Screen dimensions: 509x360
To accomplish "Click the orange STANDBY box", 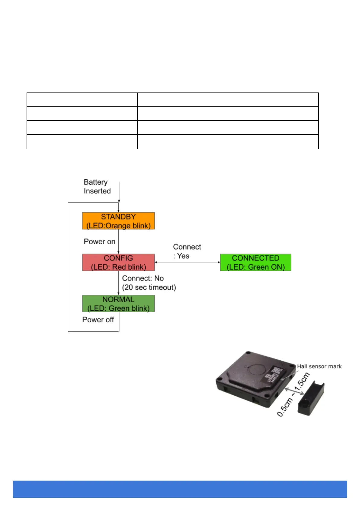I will pyautogui.click(x=118, y=221).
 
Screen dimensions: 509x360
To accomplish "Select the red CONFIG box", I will pyautogui.click(x=118, y=262).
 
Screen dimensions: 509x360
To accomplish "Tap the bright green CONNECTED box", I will pyautogui.click(x=256, y=262).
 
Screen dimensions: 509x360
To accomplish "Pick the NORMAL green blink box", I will pyautogui.click(x=118, y=303).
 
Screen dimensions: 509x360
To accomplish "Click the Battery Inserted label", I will pyautogui.click(x=97, y=186).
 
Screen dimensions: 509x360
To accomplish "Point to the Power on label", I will pyautogui.click(x=99, y=242).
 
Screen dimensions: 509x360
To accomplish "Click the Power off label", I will pyautogui.click(x=98, y=319).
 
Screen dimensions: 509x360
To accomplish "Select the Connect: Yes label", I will pyautogui.click(x=187, y=251).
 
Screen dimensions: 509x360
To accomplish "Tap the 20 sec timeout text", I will pyautogui.click(x=149, y=287).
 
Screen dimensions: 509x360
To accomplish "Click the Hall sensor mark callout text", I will pyautogui.click(x=319, y=366).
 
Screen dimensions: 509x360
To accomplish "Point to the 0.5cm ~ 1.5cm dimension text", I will pyautogui.click(x=293, y=394).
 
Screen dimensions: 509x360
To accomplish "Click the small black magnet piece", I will pyautogui.click(x=311, y=398).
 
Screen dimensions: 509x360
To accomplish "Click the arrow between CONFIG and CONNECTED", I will pyautogui.click(x=187, y=262).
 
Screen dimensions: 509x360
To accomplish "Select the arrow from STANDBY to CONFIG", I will pyautogui.click(x=119, y=242).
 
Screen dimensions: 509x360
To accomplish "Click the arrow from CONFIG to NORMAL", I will pyautogui.click(x=119, y=283).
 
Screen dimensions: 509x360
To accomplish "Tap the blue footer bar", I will pyautogui.click(x=180, y=489).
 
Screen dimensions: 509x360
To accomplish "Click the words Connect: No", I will pyautogui.click(x=143, y=278).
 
